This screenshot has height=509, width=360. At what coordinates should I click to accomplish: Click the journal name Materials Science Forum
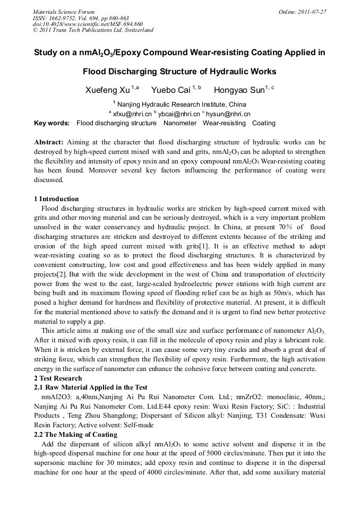(x=64, y=11)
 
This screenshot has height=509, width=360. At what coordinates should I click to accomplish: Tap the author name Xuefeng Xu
(x=108, y=90)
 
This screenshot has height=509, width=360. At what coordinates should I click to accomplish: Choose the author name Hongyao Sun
(x=238, y=90)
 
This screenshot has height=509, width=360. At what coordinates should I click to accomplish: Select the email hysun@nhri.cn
(x=228, y=114)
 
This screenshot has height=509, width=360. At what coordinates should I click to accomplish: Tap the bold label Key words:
(x=52, y=123)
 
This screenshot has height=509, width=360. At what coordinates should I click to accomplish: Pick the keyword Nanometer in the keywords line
(x=179, y=123)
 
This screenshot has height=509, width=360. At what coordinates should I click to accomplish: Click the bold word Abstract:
(x=49, y=142)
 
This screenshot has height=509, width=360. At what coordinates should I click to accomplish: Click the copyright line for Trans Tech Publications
(x=93, y=30)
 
